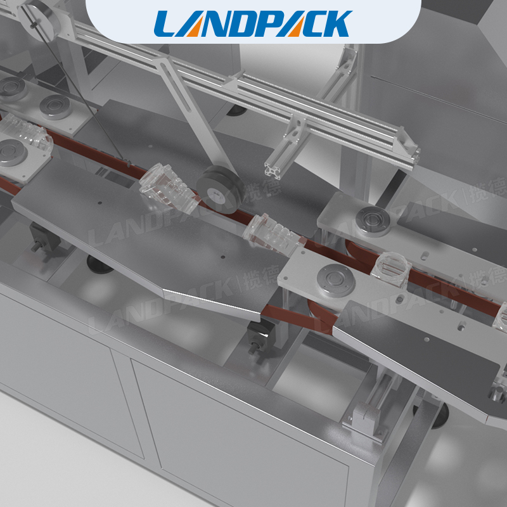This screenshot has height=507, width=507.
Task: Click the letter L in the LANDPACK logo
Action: click(167, 23)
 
